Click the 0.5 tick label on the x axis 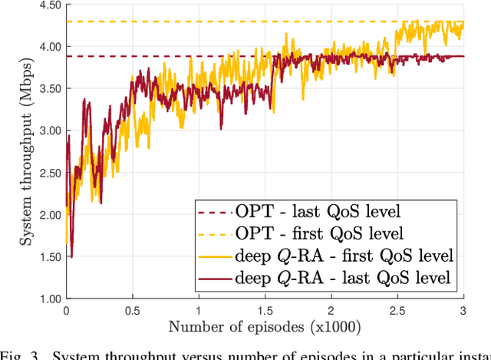pyautogui.click(x=133, y=312)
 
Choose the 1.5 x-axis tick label pyautogui.click(x=265, y=312)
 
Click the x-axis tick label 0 pyautogui.click(x=66, y=312)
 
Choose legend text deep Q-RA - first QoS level pyautogui.click(x=343, y=255)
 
